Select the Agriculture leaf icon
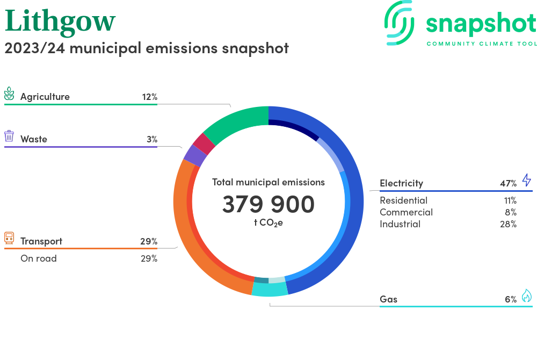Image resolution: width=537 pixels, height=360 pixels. pyautogui.click(x=10, y=94)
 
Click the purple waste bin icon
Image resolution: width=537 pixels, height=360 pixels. pyautogui.click(x=9, y=136)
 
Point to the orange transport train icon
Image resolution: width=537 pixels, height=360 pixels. pyautogui.click(x=9, y=238)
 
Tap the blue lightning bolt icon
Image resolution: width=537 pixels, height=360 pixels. pyautogui.click(x=526, y=180)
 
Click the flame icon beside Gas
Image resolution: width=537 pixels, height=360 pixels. pyautogui.click(x=526, y=296)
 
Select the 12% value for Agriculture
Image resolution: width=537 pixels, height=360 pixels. pyautogui.click(x=149, y=97)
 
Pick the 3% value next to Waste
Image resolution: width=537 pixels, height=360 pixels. pyautogui.click(x=151, y=139)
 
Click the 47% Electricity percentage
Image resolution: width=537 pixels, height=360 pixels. pyautogui.click(x=508, y=183)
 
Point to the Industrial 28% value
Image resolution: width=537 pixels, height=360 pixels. pyautogui.click(x=507, y=224)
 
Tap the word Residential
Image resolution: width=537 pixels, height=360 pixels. pyautogui.click(x=403, y=200)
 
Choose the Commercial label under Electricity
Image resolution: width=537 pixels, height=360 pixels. pyautogui.click(x=406, y=212)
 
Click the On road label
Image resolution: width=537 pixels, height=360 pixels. pyautogui.click(x=38, y=258)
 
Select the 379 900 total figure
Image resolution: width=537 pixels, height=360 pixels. pyautogui.click(x=268, y=205)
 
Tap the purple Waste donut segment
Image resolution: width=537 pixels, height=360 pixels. pyautogui.click(x=194, y=156)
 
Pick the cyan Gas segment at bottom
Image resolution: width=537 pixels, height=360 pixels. pyautogui.click(x=270, y=289)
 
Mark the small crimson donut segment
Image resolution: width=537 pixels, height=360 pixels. pyautogui.click(x=204, y=143)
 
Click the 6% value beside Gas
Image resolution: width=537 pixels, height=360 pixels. pyautogui.click(x=510, y=299)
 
